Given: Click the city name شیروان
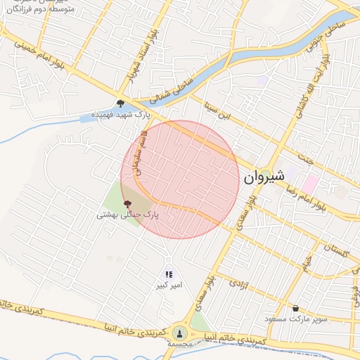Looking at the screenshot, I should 264,178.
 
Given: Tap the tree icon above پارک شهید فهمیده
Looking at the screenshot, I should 121,103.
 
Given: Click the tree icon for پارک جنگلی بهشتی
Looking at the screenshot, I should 127,204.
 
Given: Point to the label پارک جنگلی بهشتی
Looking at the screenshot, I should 129,214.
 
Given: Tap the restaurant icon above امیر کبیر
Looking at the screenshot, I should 169,274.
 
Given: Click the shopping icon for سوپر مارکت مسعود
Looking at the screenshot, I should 296,308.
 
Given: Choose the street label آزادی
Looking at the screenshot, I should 238,288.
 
